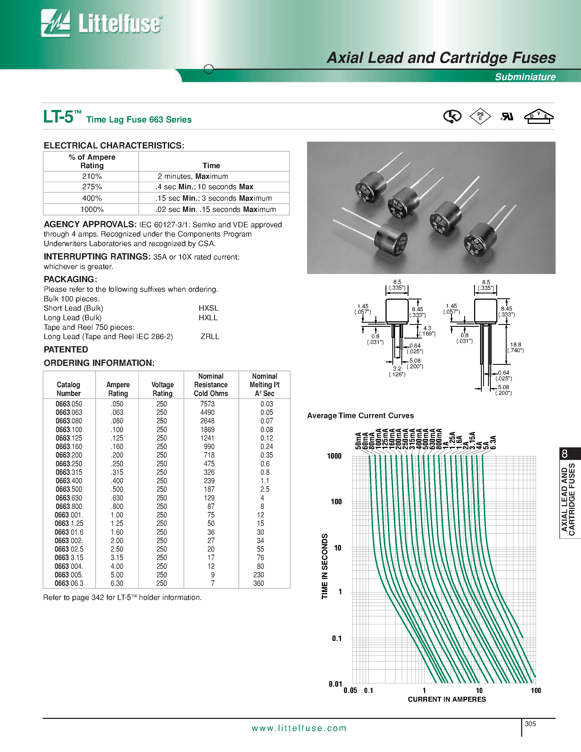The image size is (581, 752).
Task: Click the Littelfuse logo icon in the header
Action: (x=56, y=24)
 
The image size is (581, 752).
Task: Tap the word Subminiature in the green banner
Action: (x=525, y=77)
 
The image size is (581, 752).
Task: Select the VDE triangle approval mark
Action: (x=538, y=116)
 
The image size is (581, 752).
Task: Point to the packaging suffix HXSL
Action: (x=208, y=308)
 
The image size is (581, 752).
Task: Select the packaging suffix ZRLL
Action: (x=210, y=336)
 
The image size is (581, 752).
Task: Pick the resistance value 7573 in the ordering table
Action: (x=207, y=404)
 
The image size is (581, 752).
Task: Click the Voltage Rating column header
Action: (x=162, y=389)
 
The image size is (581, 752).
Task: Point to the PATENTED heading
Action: (x=66, y=349)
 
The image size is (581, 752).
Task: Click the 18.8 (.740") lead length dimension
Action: (x=515, y=347)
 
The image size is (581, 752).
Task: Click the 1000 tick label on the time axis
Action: (x=334, y=456)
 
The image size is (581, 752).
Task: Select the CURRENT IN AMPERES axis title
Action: (x=447, y=699)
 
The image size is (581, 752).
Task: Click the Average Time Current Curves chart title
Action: (x=360, y=416)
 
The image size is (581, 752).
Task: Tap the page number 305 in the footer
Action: (x=530, y=724)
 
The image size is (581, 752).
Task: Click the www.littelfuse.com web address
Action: (x=299, y=728)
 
